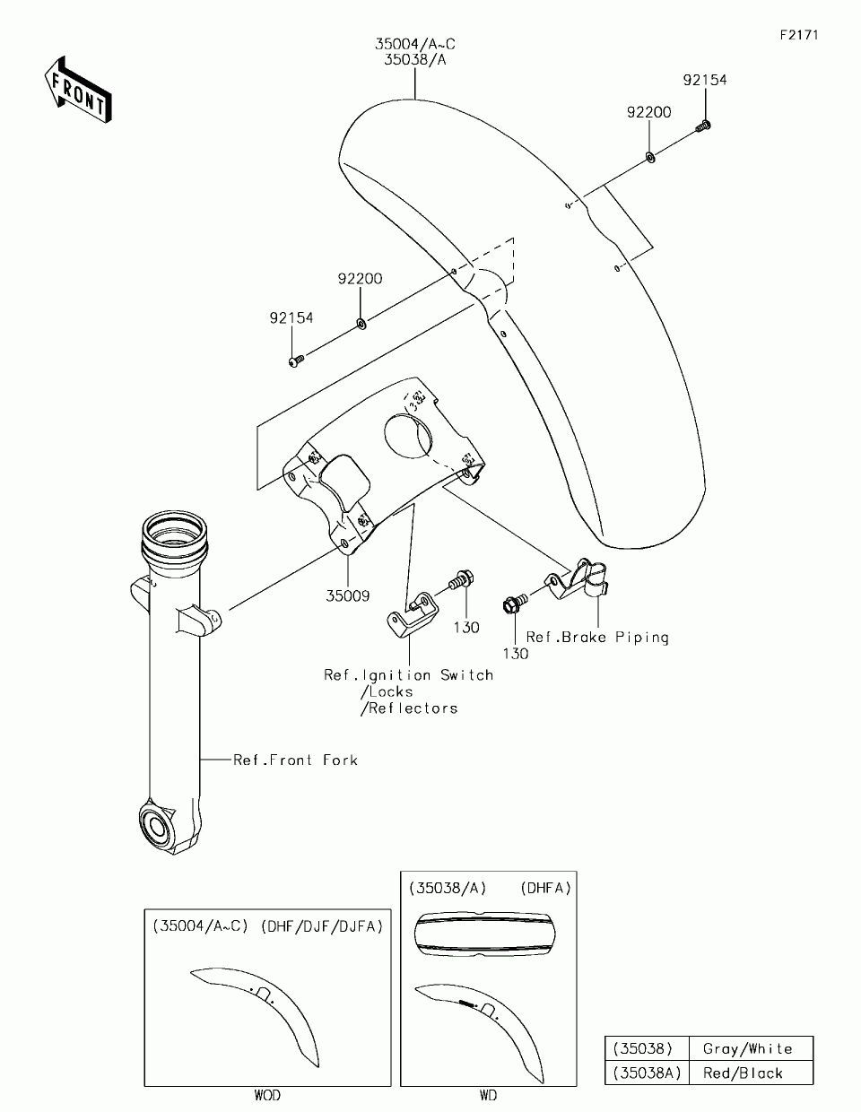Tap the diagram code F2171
[799, 35]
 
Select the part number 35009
[347, 595]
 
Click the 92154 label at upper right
[705, 80]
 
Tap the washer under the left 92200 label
[360, 322]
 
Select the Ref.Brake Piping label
[597, 638]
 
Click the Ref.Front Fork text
[295, 760]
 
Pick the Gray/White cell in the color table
[748, 1048]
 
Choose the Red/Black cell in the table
[743, 1073]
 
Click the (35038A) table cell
[647, 1073]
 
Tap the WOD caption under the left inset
[267, 1096]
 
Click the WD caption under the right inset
[488, 1096]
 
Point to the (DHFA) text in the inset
[545, 888]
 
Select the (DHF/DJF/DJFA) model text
[322, 926]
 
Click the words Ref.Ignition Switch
[409, 675]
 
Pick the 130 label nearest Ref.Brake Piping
[516, 654]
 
